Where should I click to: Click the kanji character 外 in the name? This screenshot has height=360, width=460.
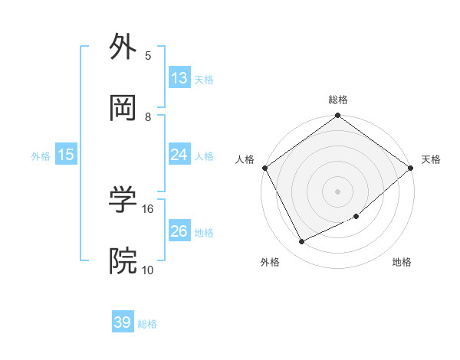(x=123, y=47)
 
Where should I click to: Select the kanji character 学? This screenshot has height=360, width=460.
(x=123, y=201)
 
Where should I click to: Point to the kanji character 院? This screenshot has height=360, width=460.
(x=123, y=261)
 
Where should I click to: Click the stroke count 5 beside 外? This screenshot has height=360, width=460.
(x=148, y=56)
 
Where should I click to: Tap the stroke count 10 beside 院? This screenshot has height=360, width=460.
(x=148, y=270)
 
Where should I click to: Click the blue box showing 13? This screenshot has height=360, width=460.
(x=179, y=78)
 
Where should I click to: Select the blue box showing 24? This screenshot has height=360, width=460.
(x=179, y=155)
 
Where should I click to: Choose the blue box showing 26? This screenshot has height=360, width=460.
(x=179, y=231)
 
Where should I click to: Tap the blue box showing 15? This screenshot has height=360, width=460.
(x=66, y=155)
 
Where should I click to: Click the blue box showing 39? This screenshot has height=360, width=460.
(x=123, y=322)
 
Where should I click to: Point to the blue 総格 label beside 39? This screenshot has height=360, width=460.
(x=147, y=324)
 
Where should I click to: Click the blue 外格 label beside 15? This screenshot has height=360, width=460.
(x=41, y=156)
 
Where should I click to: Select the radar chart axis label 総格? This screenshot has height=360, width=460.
(x=337, y=100)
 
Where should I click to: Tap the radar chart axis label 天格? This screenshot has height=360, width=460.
(x=431, y=159)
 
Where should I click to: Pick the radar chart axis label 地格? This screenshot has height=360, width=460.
(x=402, y=262)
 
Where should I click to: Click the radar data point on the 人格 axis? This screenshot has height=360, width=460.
(x=264, y=168)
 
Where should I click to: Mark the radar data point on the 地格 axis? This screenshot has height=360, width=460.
(x=356, y=217)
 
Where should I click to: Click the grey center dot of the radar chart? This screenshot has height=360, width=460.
(x=337, y=191)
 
